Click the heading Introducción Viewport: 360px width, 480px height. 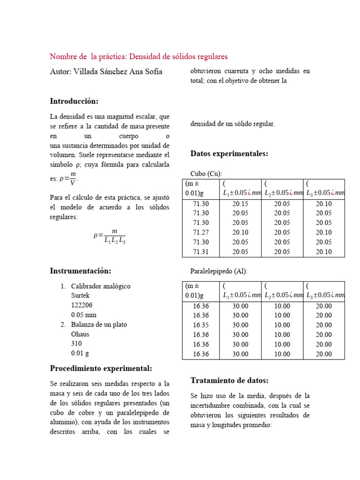pos(74,101)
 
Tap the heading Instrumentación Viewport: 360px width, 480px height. pos(81,271)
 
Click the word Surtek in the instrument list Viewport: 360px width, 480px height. pos(80,296)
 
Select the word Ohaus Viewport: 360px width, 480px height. pos(80,334)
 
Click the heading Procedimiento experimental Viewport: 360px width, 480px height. pos(101,368)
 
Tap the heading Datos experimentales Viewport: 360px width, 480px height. pos(229,154)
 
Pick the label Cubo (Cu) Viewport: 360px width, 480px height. pos(206,173)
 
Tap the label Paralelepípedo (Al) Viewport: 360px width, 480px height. pos(219,271)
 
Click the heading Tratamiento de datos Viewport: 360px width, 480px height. pos(229,380)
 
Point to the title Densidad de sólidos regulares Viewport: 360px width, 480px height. pos(178,57)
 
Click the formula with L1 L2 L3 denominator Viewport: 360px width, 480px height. pos(110,236)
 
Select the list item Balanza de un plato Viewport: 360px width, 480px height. pos(99,324)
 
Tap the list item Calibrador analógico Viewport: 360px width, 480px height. pos(101,286)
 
